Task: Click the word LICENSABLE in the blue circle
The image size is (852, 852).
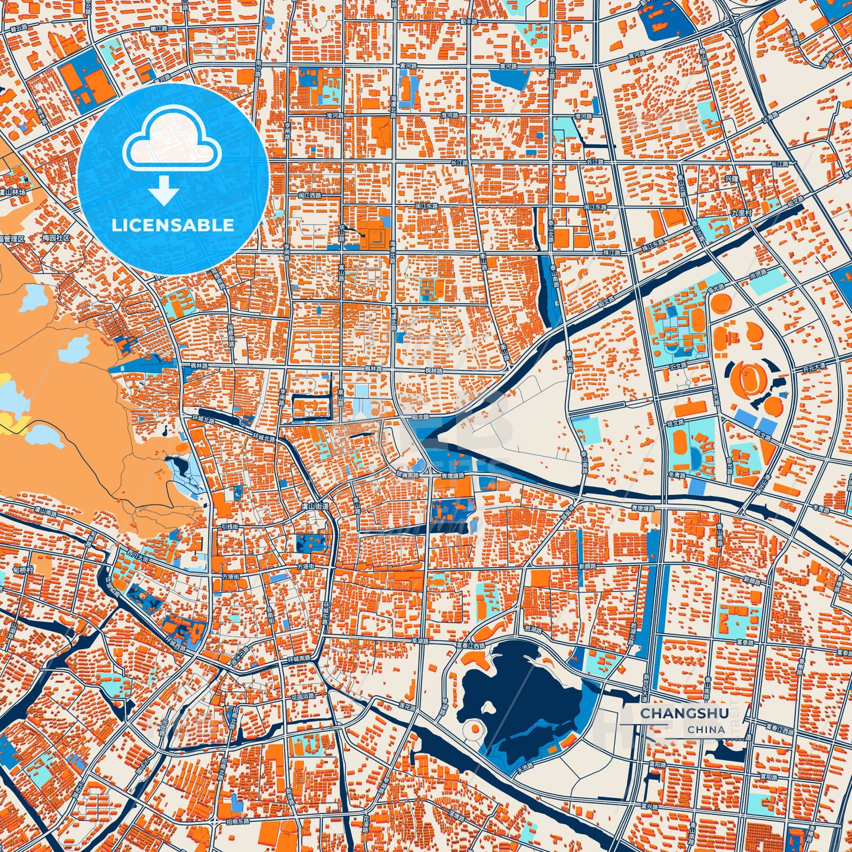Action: (x=173, y=225)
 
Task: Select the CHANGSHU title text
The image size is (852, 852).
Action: (x=685, y=713)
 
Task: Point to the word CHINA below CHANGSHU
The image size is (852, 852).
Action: (x=706, y=729)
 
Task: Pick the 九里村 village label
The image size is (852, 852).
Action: (x=741, y=212)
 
